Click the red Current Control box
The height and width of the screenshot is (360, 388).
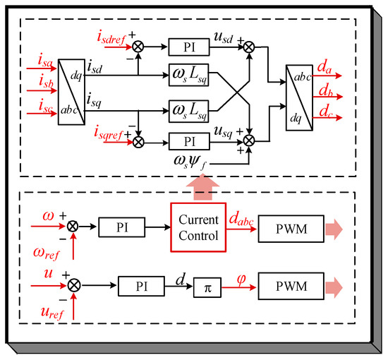(x=198, y=227)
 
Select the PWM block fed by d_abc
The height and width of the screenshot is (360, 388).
(x=291, y=229)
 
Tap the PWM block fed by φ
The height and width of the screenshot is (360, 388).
(x=291, y=286)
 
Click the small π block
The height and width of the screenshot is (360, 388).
(x=207, y=287)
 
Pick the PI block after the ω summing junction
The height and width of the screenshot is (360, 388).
(x=122, y=227)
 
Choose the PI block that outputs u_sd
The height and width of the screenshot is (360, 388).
(x=189, y=47)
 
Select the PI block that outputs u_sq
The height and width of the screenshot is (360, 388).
(x=189, y=142)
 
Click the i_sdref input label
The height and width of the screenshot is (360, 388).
(x=111, y=38)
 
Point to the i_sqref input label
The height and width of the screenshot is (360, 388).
(x=109, y=133)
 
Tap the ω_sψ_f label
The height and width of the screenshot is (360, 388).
(x=190, y=162)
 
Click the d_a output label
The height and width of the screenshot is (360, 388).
(x=325, y=67)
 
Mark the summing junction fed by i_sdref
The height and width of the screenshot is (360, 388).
(x=138, y=47)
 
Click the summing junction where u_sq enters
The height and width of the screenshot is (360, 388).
(x=249, y=141)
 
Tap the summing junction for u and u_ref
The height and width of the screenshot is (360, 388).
(x=74, y=285)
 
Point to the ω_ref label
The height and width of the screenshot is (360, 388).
(x=47, y=254)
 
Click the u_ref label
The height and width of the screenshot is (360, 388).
(x=52, y=313)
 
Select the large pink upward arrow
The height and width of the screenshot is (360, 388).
(x=203, y=186)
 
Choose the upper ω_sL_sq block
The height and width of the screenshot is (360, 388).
(x=189, y=75)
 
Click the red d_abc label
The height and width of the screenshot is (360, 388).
(x=241, y=219)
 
